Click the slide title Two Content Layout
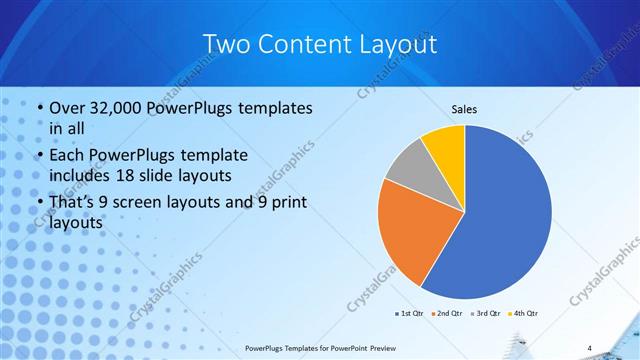[x=319, y=45]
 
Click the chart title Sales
[x=465, y=109]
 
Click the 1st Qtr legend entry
[x=409, y=313]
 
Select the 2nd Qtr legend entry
[x=446, y=313]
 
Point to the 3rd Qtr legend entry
[x=485, y=313]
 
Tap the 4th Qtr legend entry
[x=524, y=313]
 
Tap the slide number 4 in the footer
[x=589, y=347]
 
